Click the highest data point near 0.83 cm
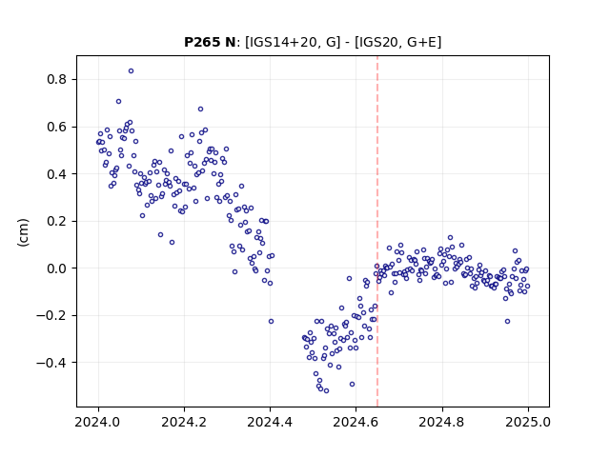(132, 71)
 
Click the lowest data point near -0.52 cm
(326, 391)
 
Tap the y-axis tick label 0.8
(57, 80)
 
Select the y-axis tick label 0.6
(57, 127)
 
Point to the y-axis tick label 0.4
(57, 174)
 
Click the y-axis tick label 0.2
(57, 222)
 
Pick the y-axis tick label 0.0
(57, 268)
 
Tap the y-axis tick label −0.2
(51, 315)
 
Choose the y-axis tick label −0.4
(51, 363)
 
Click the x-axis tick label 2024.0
(98, 422)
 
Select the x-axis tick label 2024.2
(184, 422)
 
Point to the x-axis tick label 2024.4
(270, 422)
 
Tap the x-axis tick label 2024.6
(356, 422)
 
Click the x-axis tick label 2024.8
(442, 422)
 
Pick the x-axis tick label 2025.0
(528, 422)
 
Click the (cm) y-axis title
(23, 232)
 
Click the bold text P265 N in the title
(210, 42)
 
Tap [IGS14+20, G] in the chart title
(293, 42)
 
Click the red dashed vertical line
(377, 231)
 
